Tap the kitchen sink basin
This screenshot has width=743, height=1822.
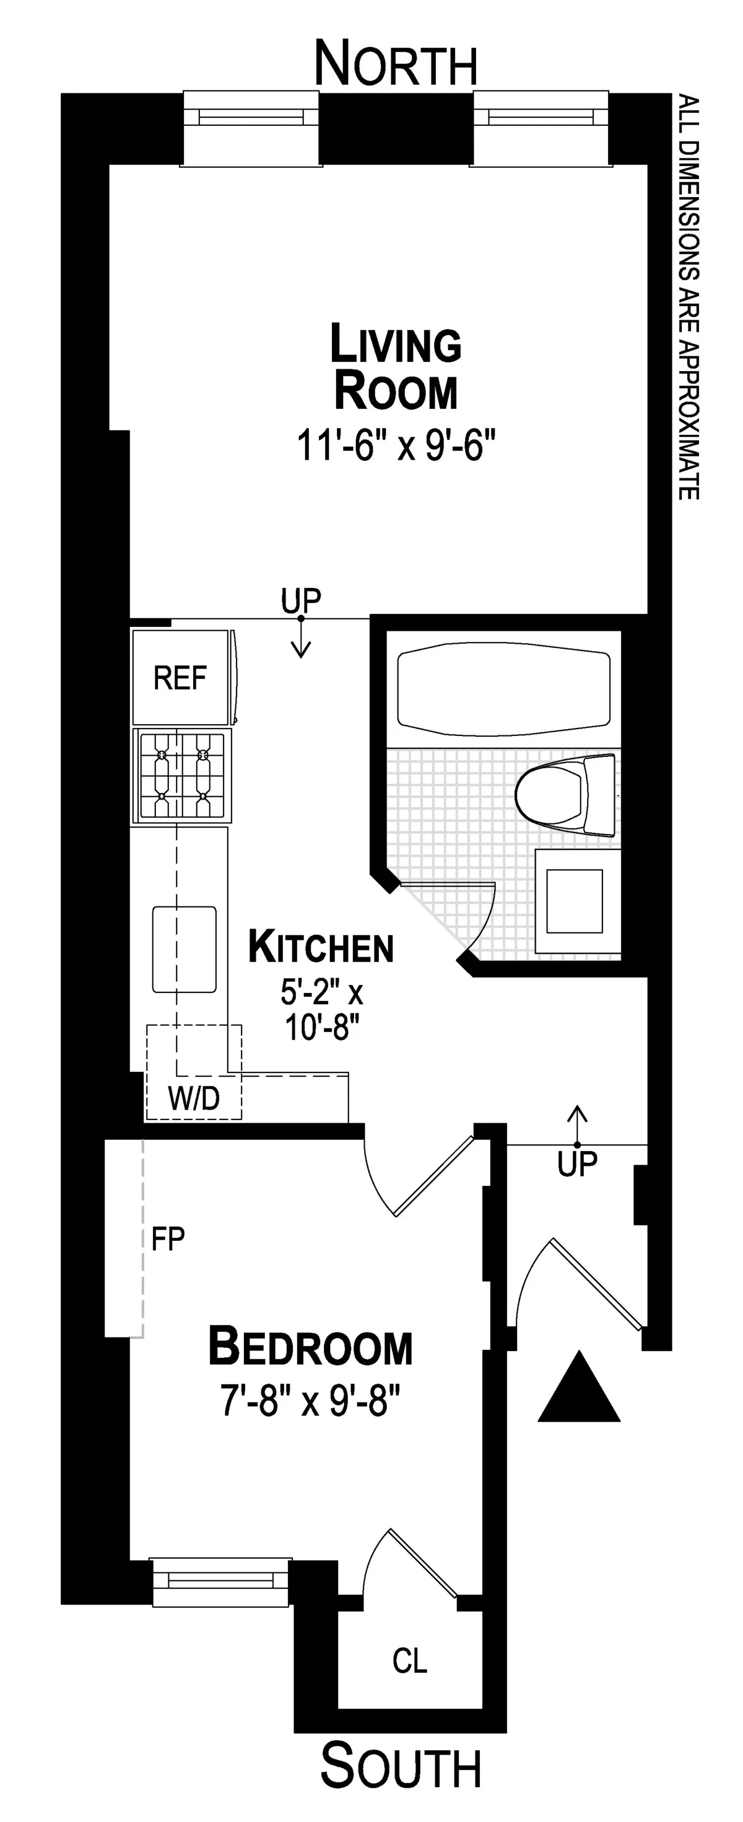pos(185,948)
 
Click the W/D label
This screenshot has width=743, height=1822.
pos(194,1098)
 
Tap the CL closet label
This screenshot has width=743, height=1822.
pos(410,1661)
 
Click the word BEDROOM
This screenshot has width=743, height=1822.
pos(310,1347)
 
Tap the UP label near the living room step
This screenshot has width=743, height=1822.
pos(300,600)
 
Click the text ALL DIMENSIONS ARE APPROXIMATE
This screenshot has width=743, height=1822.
pos(689,297)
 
